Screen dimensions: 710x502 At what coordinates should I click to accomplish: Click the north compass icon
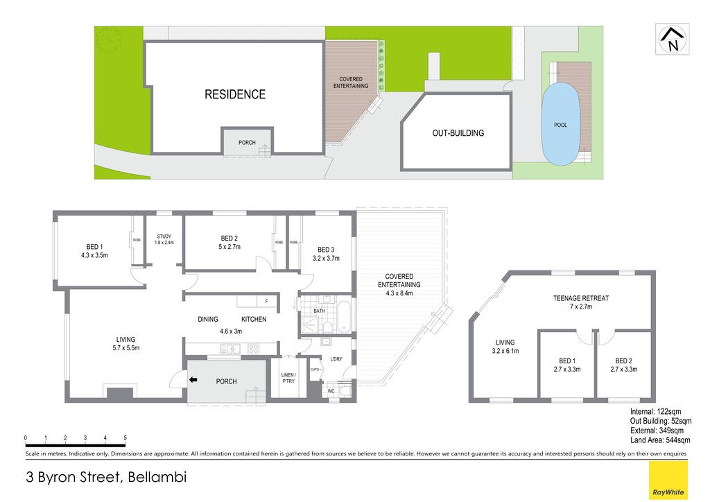point(673,39)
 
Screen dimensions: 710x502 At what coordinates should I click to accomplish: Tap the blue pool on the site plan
point(560,124)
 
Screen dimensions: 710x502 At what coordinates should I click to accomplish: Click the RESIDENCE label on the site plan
point(235,94)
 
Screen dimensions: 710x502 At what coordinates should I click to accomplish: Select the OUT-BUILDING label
point(458,133)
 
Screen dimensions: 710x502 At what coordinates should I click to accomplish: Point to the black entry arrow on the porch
point(193,380)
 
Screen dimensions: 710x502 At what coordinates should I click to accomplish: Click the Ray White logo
point(668,481)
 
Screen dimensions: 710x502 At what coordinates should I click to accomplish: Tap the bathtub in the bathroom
point(345,315)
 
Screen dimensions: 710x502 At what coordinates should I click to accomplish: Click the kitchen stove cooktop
point(254,349)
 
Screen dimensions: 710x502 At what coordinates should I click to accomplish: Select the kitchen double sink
point(230,349)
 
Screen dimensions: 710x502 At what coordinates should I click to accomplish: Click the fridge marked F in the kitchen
point(267,301)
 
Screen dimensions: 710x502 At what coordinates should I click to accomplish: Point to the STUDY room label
point(164,236)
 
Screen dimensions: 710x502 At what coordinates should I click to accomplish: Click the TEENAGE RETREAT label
point(580,298)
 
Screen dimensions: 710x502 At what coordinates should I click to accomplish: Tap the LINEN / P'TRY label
point(288,378)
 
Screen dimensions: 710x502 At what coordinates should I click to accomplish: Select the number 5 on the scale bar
point(125,438)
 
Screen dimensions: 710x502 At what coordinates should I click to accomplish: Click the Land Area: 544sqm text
point(660,440)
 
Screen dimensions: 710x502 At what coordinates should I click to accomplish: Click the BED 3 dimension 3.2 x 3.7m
point(326,259)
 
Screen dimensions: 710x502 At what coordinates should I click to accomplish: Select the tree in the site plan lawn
point(109,41)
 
